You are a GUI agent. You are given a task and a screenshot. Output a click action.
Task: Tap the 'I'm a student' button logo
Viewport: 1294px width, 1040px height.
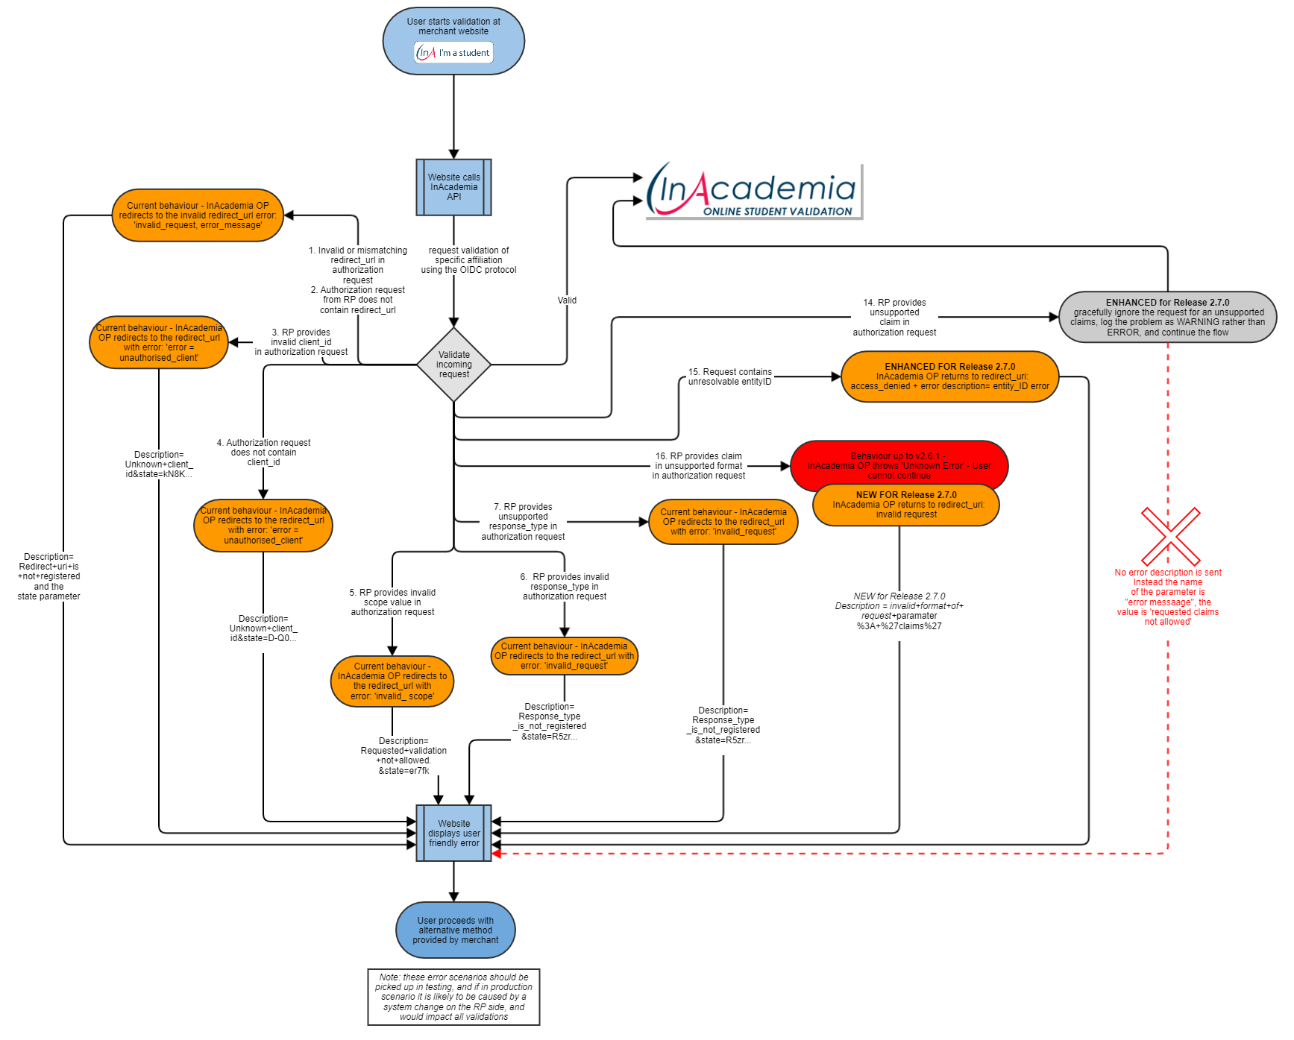pos(454,52)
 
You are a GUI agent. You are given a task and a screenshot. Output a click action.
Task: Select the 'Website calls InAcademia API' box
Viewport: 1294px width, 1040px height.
pos(453,187)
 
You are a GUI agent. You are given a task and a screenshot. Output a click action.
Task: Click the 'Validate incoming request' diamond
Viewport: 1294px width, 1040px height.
pos(453,365)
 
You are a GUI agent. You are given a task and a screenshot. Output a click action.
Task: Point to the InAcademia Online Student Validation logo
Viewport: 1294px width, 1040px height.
pos(753,191)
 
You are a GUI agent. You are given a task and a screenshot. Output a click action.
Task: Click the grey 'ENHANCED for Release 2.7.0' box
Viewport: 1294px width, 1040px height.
pos(1167,317)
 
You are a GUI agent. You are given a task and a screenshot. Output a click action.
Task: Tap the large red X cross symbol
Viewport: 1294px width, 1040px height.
pos(1170,537)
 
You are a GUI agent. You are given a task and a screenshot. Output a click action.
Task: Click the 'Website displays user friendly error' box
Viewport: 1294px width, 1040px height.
pos(453,833)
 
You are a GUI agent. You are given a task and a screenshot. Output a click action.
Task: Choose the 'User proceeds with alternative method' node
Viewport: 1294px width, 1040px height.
pos(455,930)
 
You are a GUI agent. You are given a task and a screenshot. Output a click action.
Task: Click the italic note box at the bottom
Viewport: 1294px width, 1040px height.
pos(453,997)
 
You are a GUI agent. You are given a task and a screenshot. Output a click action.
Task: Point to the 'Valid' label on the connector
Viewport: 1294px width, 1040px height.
pos(567,300)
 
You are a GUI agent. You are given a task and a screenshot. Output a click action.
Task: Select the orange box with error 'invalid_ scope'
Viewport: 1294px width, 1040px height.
pos(392,681)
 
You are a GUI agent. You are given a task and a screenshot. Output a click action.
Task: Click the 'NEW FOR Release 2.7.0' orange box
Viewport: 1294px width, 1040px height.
pos(905,505)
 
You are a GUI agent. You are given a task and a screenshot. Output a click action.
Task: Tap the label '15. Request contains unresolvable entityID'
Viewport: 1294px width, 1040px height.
pos(729,376)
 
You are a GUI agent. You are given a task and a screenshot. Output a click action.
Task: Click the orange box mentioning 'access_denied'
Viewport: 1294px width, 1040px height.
pos(949,376)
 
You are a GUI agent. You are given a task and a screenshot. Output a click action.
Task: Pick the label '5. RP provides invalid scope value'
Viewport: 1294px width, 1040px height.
pos(392,602)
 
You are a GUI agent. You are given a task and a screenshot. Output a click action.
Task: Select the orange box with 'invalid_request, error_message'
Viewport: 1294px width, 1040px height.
pos(198,215)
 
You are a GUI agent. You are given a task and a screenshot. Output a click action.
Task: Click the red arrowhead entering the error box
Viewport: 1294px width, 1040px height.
pos(497,854)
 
